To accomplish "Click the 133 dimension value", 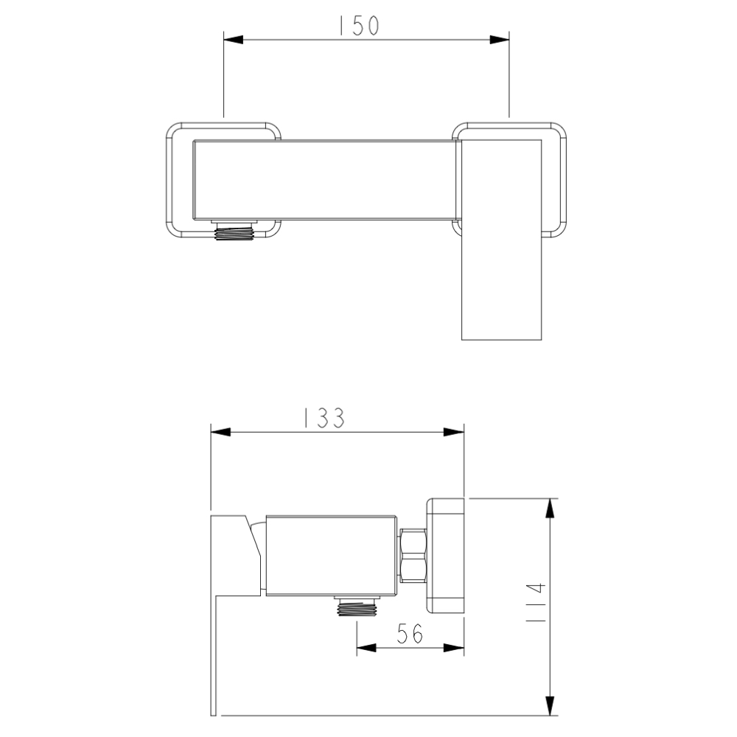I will pos(324,418).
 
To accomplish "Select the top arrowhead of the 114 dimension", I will pos(550,508).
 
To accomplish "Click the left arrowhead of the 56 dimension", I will pos(366,647).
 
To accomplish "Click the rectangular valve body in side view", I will pos(332,555).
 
